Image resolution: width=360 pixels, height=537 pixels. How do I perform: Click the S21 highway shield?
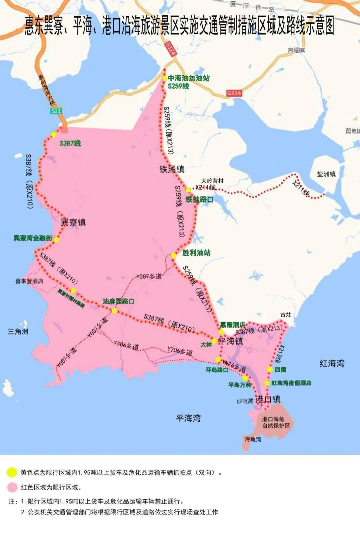pyautogui.click(x=56, y=111)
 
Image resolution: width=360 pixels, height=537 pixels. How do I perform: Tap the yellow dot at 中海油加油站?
pyautogui.click(x=165, y=78)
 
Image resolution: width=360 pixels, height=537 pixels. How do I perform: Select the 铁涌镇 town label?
pyautogui.click(x=172, y=169)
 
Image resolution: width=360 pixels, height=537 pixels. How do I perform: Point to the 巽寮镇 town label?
pyautogui.click(x=73, y=222)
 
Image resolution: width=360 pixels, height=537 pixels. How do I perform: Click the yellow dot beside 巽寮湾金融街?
pyautogui.click(x=56, y=240)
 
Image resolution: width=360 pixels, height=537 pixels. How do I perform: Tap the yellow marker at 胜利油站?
pyautogui.click(x=174, y=256)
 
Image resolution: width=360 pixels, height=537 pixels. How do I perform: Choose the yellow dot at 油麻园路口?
pyautogui.click(x=114, y=311)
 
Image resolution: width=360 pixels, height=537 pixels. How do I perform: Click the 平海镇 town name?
pyautogui.click(x=231, y=341)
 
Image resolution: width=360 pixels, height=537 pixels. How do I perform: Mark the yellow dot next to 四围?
pyautogui.click(x=270, y=369)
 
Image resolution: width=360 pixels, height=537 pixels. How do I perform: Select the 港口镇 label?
pyautogui.click(x=268, y=399)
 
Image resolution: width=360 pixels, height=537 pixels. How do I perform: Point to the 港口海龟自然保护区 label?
pyautogui.click(x=276, y=422)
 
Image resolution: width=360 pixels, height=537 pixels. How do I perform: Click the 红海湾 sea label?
pyautogui.click(x=332, y=363)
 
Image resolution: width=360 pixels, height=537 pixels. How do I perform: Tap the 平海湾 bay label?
pyautogui.click(x=188, y=418)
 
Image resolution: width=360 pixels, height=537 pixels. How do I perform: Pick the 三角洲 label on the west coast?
pyautogui.click(x=18, y=331)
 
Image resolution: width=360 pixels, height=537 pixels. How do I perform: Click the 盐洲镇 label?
pyautogui.click(x=326, y=174)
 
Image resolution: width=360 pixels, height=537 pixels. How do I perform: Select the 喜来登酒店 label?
pyautogui.click(x=29, y=281)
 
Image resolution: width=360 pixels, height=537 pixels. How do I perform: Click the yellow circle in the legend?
pyautogui.click(x=12, y=472)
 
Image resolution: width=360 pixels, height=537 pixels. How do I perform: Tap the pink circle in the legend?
pyautogui.click(x=12, y=487)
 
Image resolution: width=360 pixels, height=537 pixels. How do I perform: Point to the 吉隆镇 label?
pyautogui.click(x=296, y=50)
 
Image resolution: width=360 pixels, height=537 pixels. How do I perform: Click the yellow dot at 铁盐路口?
pyautogui.click(x=188, y=190)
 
